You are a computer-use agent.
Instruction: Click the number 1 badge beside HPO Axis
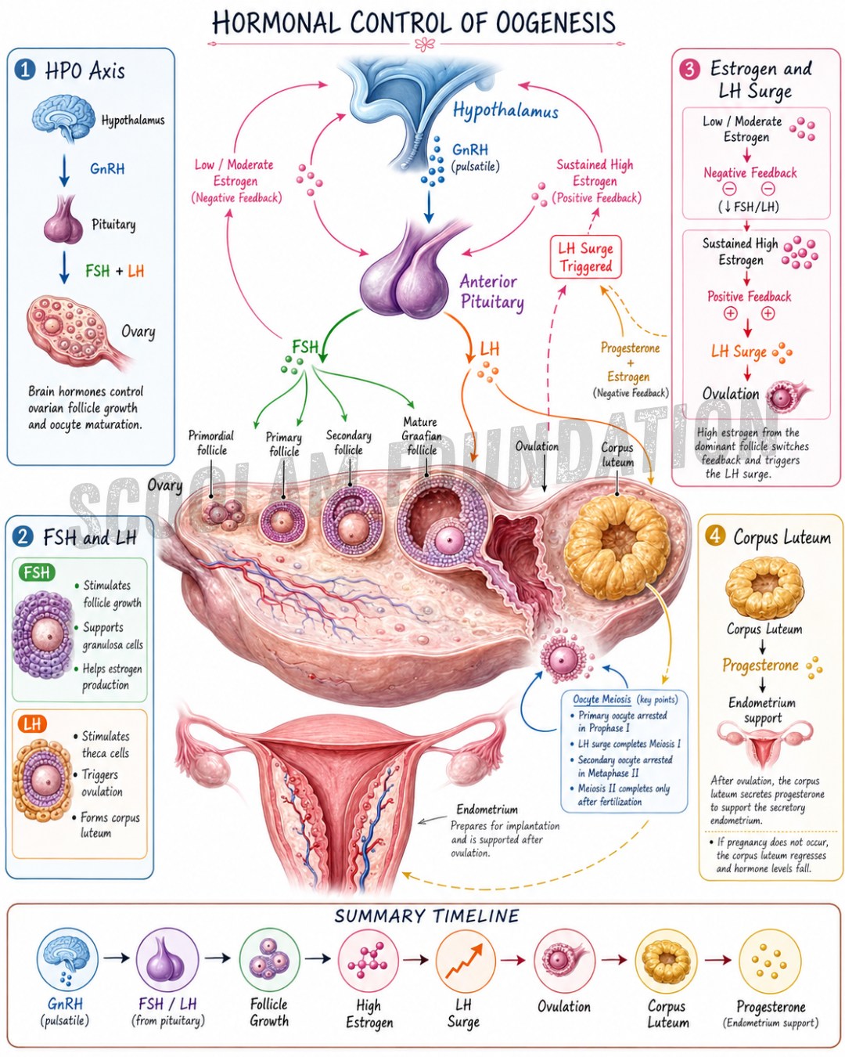point(24,70)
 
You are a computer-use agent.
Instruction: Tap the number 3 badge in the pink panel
point(689,70)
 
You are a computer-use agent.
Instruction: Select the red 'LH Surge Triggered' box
point(585,257)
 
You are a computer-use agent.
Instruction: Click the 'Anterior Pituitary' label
point(491,291)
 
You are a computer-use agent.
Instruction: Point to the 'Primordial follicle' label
point(211,442)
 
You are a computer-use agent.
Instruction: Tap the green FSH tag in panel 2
point(37,572)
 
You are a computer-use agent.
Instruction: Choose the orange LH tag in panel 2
point(32,723)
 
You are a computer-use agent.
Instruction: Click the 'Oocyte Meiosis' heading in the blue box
point(602,699)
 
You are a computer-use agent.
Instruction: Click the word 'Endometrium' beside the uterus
point(487,809)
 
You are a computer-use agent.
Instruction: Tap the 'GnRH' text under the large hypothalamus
point(470,150)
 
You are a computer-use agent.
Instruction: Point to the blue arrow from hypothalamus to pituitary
point(429,206)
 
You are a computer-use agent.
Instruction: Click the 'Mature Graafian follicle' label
point(421,435)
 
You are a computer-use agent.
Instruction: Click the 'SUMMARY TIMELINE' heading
point(426,916)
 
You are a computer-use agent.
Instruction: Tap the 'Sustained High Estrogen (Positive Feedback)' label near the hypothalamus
point(596,181)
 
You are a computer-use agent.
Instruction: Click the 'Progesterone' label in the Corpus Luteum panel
point(760,665)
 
